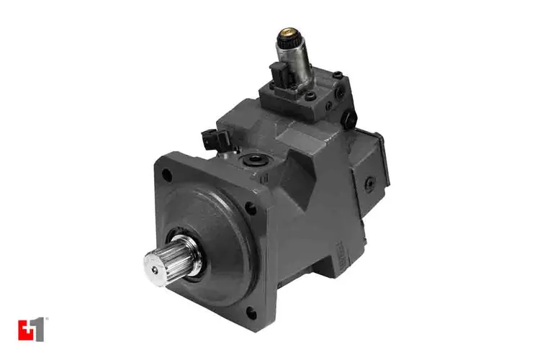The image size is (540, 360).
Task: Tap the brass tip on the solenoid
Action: pos(288,32)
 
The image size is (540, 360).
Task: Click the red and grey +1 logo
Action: pos(32,329)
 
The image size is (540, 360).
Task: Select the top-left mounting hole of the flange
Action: pos(167,174)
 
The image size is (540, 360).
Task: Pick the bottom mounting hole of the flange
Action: pos(252,312)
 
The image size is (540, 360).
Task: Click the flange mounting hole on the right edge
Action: pos(251,209)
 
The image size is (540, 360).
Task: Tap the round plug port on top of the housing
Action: pos(254,160)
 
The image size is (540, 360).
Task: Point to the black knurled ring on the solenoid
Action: pos(287,42)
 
